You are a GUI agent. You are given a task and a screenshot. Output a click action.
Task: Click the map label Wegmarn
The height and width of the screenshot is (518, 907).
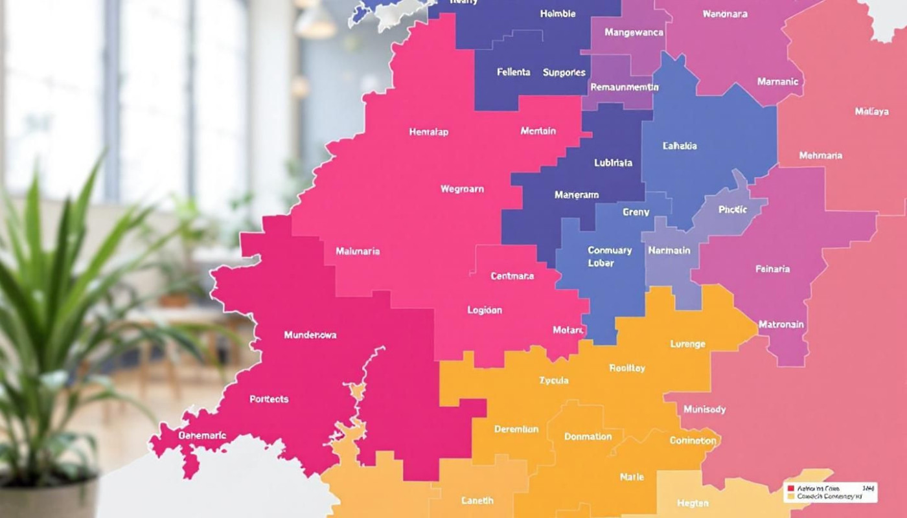pos(462,189)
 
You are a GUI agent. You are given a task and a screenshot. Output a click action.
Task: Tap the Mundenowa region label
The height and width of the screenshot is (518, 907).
pos(310,335)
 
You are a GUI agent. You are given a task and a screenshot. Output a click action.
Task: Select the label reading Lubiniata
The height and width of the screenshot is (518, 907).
pos(613,163)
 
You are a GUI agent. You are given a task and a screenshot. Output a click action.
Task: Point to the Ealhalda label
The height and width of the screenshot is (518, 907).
pos(680,146)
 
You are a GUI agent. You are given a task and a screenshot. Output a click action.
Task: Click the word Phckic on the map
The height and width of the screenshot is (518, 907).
pos(733,209)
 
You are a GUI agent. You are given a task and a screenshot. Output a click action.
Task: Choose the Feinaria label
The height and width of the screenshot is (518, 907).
pos(772,268)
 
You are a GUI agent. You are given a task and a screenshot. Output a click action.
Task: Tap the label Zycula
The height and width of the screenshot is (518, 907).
pos(553,380)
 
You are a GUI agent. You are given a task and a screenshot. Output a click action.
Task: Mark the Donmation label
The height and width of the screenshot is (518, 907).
pos(588,436)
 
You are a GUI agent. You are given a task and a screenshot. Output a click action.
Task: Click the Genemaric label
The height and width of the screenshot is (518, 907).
pos(202,435)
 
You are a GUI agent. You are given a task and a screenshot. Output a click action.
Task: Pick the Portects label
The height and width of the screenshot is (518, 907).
pos(269,399)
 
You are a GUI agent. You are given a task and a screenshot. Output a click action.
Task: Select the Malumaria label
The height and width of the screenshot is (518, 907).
pos(358,251)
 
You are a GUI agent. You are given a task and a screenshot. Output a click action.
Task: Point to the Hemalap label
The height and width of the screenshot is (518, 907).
pos(428,131)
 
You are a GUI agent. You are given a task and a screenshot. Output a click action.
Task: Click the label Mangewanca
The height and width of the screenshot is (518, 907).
pos(634,32)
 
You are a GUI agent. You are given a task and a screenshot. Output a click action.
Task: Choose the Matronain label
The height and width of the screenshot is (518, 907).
pos(781,324)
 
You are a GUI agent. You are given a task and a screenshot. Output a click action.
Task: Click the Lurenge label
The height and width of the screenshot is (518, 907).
pos(687,344)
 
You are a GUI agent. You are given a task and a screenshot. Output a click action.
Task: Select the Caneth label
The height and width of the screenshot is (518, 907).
pos(477,500)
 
